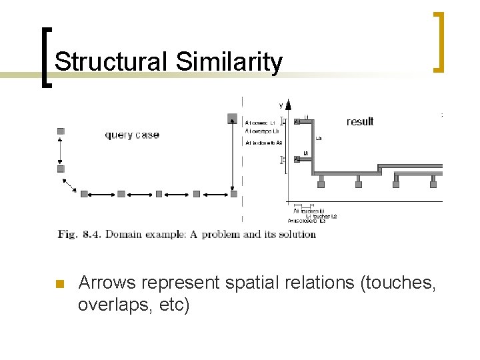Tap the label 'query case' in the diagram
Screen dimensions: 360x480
[132, 135]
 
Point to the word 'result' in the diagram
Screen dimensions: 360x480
[360, 121]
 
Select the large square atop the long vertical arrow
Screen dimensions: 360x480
[232, 119]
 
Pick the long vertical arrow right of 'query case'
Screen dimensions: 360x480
[232, 157]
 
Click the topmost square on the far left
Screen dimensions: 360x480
[61, 131]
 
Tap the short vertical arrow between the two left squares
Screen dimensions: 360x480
[61, 150]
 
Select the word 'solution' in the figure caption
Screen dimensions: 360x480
[298, 234]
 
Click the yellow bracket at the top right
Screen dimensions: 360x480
[439, 41]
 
